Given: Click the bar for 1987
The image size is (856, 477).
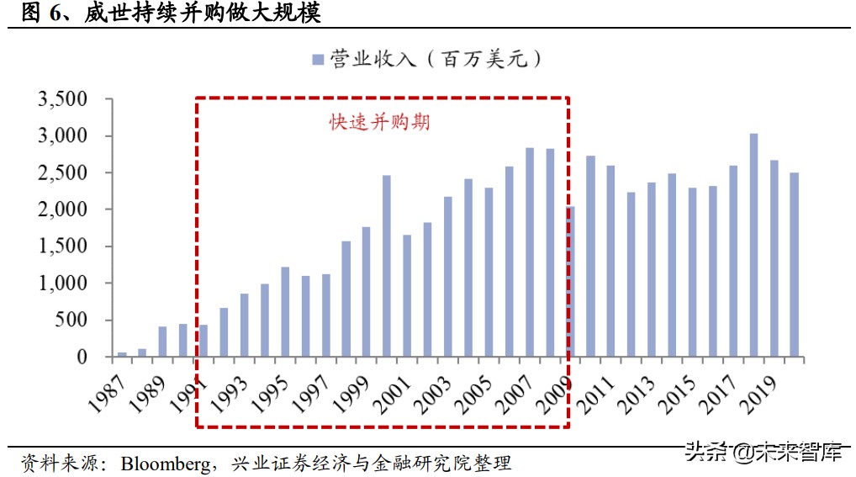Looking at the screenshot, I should tap(122, 354).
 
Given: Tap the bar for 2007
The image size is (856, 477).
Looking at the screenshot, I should tap(530, 252).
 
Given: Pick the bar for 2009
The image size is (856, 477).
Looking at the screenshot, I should tap(571, 282).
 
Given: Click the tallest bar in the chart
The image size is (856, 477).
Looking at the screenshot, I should tap(753, 245).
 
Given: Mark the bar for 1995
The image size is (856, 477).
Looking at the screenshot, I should tap(285, 311).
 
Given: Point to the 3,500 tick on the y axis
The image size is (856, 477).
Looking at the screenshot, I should tap(62, 99).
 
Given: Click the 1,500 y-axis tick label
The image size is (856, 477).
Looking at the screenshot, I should tap(62, 246).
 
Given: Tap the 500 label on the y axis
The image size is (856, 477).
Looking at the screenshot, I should tap(71, 321).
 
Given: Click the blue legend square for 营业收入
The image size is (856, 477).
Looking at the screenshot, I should tap(318, 59).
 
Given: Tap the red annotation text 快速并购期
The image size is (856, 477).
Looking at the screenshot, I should tap(379, 122).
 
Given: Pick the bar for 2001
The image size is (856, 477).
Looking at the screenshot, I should tap(408, 295).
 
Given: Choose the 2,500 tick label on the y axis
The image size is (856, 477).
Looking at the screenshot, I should tap(62, 173).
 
